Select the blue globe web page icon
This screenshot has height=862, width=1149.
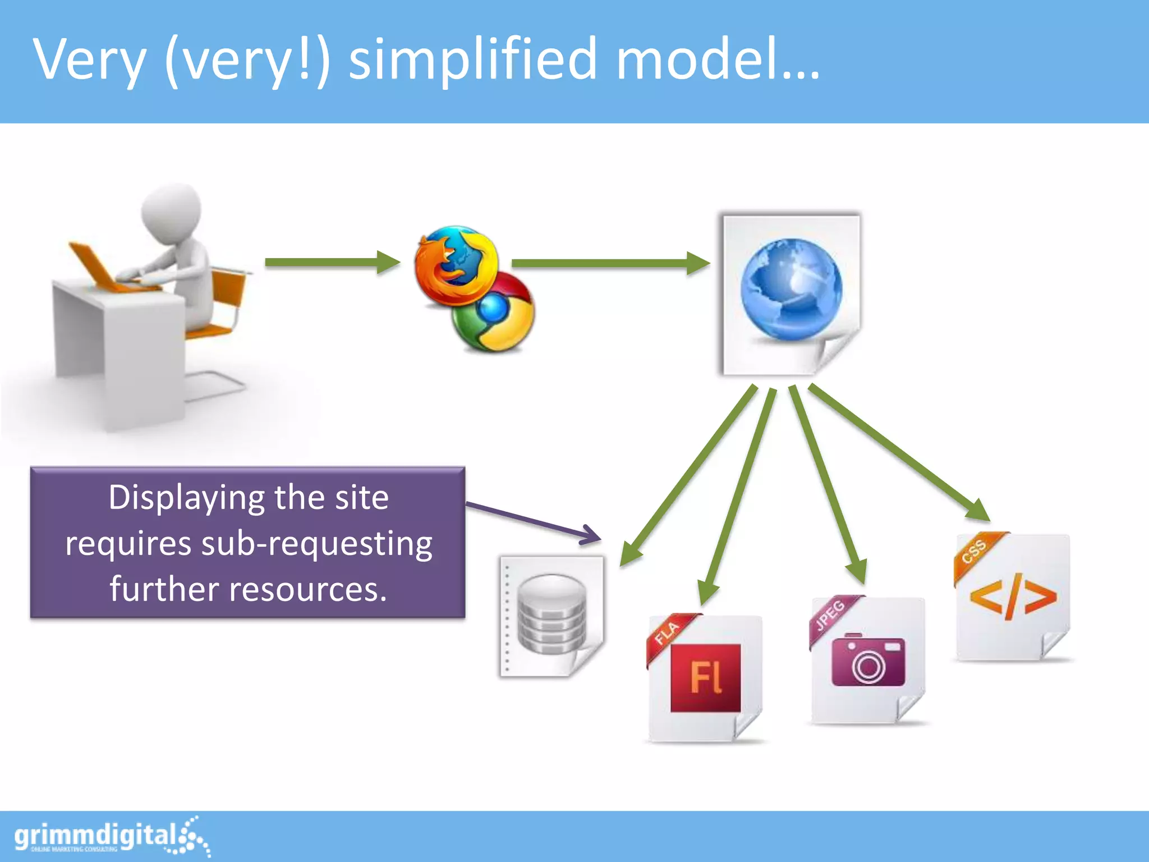pos(791,290)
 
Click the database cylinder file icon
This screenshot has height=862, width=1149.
pos(552,615)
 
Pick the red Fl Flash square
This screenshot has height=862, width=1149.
pos(705,678)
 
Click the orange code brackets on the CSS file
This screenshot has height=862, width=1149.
pos(1013,597)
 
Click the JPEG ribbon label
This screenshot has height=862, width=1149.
pos(830,615)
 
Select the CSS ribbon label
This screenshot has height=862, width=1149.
pos(975,551)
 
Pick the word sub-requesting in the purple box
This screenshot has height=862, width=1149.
pos(317,544)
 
